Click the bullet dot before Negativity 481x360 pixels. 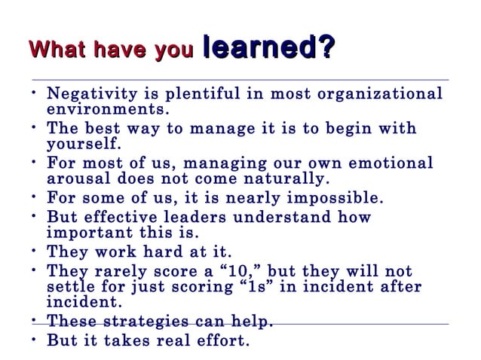coord(34,94)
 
